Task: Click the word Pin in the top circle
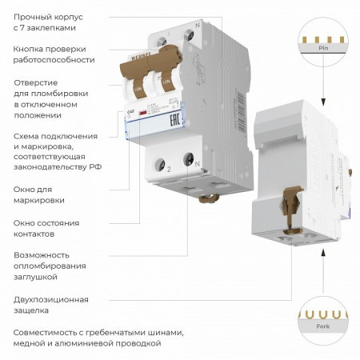coord(322,49)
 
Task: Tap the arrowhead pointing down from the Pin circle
coord(322,100)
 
